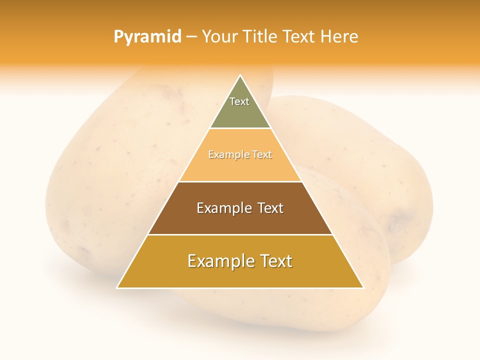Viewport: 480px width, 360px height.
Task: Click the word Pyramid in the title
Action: [147, 37]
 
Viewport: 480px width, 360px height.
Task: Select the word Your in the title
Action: [219, 37]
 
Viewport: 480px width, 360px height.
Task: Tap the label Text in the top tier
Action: [239, 101]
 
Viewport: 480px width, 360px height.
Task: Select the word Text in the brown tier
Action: [270, 208]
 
